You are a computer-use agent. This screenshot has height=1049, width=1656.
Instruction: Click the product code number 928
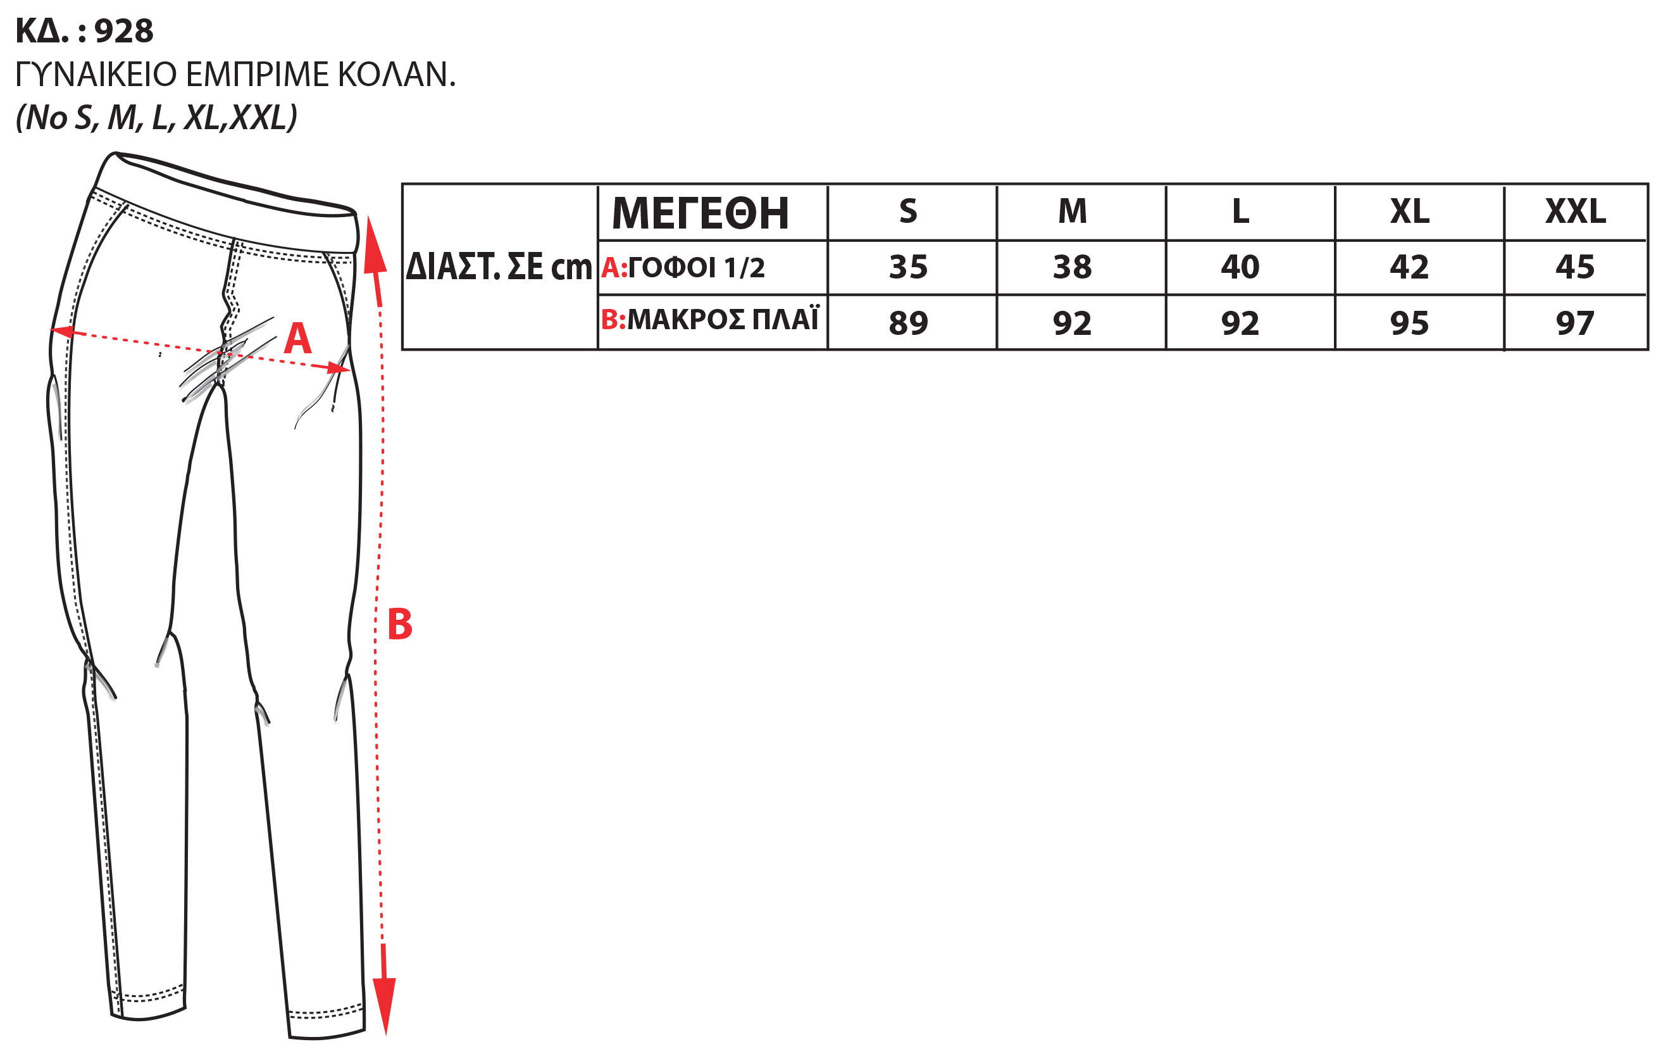[124, 31]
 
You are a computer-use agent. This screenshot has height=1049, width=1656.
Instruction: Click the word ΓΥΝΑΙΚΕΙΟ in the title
[96, 74]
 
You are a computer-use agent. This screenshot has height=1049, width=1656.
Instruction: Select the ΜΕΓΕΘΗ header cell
[700, 213]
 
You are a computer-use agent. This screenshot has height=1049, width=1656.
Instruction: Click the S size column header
[908, 211]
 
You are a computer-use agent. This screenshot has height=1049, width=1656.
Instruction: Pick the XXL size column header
[1576, 211]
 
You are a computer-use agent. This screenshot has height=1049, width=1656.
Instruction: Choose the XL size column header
[1409, 211]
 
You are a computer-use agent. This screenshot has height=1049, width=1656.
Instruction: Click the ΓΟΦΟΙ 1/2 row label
[696, 268]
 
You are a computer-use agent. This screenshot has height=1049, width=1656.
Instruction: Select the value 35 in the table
[908, 267]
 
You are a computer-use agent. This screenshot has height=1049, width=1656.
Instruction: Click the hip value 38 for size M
[1072, 267]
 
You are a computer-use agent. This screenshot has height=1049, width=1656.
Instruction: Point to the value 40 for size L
[1240, 267]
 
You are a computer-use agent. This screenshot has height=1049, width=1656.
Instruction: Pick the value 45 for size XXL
[1575, 267]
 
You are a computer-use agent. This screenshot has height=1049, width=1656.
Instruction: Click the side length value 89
[908, 323]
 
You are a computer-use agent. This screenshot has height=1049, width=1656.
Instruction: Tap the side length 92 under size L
[1240, 323]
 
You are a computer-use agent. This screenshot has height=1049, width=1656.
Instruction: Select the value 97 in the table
[1575, 323]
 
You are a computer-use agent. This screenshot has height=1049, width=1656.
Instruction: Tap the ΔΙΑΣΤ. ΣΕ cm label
[499, 267]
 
